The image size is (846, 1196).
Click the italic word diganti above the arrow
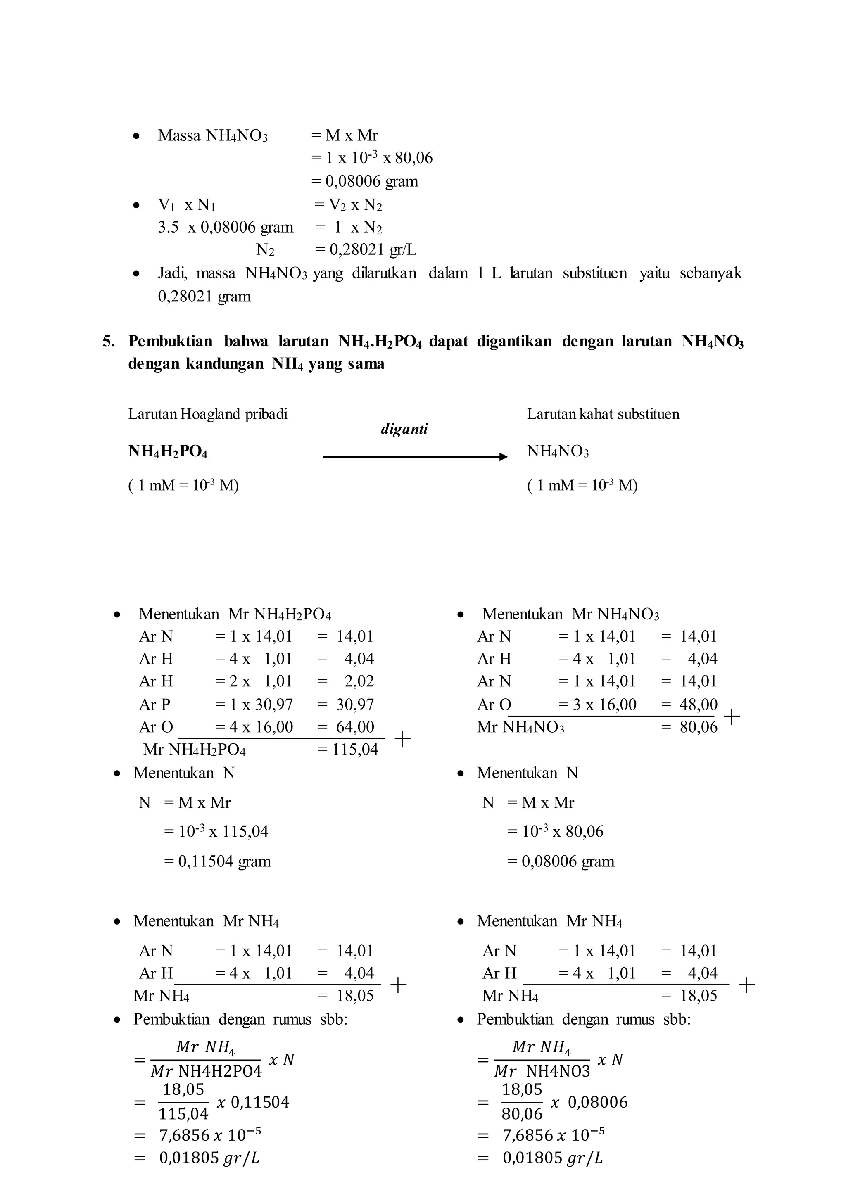pos(404,429)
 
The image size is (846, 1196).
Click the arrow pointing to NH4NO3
pos(415,457)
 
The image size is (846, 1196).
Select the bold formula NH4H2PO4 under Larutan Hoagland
pos(168,451)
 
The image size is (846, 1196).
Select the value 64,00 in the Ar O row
pos(355,727)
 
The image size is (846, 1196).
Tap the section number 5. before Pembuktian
pos(108,341)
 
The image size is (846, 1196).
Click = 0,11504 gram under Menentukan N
pos(218,861)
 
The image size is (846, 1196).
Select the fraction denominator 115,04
pos(183,1114)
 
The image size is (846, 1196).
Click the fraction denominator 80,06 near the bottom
pos(522,1114)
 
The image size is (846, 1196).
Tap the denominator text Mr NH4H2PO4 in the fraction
pos(206,1072)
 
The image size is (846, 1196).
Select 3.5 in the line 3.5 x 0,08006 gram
pos(168,227)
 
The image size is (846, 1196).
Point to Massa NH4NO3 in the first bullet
pos(213,136)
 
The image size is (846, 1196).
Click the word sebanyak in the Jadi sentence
pos(711,273)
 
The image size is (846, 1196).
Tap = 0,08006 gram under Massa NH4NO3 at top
pos(365,181)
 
